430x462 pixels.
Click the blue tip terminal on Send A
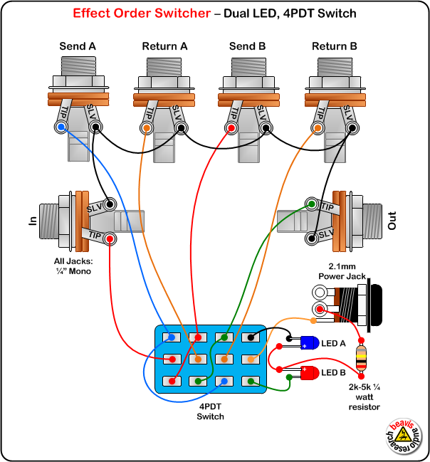pyautogui.click(x=61, y=128)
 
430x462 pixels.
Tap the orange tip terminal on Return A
pyautogui.click(x=147, y=129)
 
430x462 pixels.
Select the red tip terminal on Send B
pyautogui.click(x=231, y=129)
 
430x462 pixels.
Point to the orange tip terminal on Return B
pyautogui.click(x=317, y=129)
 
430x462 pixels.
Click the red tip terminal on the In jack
pyautogui.click(x=110, y=238)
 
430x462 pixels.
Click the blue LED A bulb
pyautogui.click(x=308, y=342)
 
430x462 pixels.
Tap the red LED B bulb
pyautogui.click(x=308, y=372)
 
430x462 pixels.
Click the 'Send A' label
pyautogui.click(x=78, y=47)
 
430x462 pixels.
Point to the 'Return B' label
pyautogui.click(x=334, y=47)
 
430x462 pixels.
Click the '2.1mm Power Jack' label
pyautogui.click(x=341, y=271)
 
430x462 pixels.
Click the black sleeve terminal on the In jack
pyautogui.click(x=110, y=203)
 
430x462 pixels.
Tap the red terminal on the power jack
pyautogui.click(x=320, y=309)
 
